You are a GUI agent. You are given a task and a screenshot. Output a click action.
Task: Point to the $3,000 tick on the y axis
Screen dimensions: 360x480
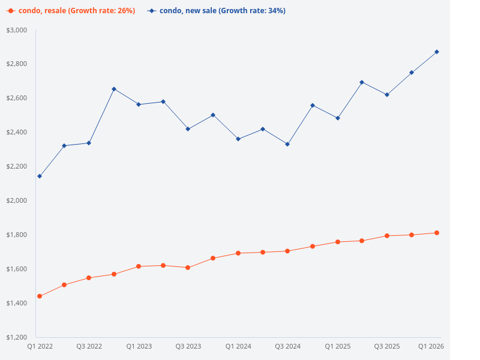pyautogui.click(x=17, y=30)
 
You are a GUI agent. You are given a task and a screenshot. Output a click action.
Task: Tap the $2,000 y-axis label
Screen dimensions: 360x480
pyautogui.click(x=17, y=200)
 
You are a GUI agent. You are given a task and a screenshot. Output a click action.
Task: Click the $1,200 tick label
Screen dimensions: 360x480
pyautogui.click(x=17, y=337)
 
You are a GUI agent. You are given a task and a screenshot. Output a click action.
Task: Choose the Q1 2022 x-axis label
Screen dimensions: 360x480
pyautogui.click(x=40, y=346)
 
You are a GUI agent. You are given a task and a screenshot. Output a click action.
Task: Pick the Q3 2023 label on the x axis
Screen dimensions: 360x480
pyautogui.click(x=188, y=346)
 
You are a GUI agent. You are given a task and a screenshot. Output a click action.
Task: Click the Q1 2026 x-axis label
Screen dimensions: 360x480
pyautogui.click(x=431, y=346)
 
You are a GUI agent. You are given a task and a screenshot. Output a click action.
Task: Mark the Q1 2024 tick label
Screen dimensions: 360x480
pyautogui.click(x=238, y=346)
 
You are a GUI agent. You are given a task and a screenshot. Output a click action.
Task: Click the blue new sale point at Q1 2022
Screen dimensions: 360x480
pyautogui.click(x=40, y=176)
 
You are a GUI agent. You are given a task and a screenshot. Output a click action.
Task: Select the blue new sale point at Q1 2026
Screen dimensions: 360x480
pyautogui.click(x=437, y=52)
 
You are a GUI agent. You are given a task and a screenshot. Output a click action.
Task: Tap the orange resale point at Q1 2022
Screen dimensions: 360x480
pyautogui.click(x=40, y=296)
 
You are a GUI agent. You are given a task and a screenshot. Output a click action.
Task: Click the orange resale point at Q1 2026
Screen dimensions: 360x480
pyautogui.click(x=437, y=233)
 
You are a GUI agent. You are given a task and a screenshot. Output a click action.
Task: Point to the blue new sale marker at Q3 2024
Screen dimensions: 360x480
pyautogui.click(x=287, y=145)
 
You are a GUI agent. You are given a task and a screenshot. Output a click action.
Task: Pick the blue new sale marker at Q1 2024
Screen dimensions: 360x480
pyautogui.click(x=238, y=139)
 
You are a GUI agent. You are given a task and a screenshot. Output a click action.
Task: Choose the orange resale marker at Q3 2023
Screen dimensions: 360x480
pyautogui.click(x=188, y=268)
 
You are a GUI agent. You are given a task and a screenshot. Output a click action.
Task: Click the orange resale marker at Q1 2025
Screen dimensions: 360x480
pyautogui.click(x=337, y=242)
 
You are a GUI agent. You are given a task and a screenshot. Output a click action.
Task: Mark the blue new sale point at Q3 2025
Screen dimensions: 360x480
pyautogui.click(x=387, y=95)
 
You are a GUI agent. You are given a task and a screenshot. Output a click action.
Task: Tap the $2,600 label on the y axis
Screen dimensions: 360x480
pyautogui.click(x=17, y=98)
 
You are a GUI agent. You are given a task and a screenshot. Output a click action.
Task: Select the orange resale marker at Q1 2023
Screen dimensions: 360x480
pyautogui.click(x=139, y=266)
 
